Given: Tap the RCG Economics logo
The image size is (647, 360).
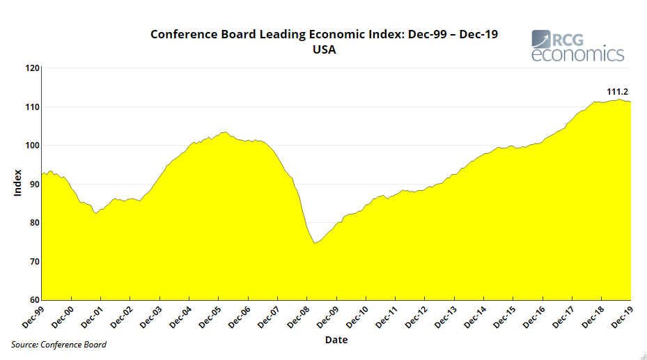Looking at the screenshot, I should (x=577, y=46).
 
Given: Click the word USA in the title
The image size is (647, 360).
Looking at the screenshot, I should (x=324, y=49).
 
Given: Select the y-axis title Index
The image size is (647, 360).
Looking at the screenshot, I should (x=18, y=182).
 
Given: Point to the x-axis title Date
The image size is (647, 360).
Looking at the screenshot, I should (x=336, y=340).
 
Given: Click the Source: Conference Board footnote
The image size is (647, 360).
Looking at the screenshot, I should (x=59, y=345).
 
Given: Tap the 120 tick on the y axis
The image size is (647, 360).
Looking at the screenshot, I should (x=32, y=68).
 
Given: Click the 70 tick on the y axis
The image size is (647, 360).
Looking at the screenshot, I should (x=34, y=262).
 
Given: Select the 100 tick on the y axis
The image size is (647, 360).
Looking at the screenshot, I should (x=32, y=146).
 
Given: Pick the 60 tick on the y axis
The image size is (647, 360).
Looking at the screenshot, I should (x=34, y=300).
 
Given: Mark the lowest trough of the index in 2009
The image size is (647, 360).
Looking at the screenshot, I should (x=315, y=243).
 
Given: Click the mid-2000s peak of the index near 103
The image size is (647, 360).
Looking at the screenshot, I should (x=224, y=132).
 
